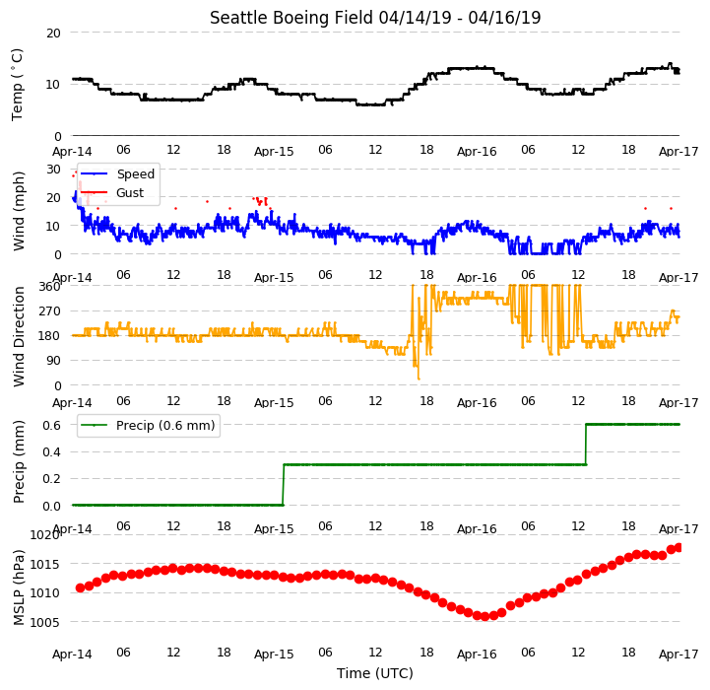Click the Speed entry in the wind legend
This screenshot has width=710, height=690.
(x=135, y=174)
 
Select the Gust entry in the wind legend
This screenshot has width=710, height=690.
(x=130, y=193)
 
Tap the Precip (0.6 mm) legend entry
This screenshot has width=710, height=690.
(x=165, y=426)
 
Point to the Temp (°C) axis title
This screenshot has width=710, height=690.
(x=17, y=85)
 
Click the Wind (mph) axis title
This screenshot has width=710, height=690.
(x=19, y=211)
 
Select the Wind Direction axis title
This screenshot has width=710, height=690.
(x=19, y=337)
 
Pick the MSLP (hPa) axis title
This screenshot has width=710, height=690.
(x=19, y=587)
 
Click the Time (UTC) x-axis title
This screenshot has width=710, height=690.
(x=375, y=673)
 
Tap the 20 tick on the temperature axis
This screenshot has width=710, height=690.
(x=53, y=34)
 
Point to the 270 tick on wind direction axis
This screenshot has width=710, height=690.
(x=50, y=311)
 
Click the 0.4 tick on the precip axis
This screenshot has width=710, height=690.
(x=51, y=452)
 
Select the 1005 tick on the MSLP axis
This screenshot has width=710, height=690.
(x=44, y=622)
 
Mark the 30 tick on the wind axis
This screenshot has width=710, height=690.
(x=53, y=170)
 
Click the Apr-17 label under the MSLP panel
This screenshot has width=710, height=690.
(x=678, y=655)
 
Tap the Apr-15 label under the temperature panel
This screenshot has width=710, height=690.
(x=274, y=152)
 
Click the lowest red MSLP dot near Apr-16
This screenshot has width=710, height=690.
(x=484, y=616)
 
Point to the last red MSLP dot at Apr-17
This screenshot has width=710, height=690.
(x=678, y=548)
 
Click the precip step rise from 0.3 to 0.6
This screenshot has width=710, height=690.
(x=586, y=445)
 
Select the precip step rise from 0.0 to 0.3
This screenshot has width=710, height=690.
(x=284, y=485)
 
